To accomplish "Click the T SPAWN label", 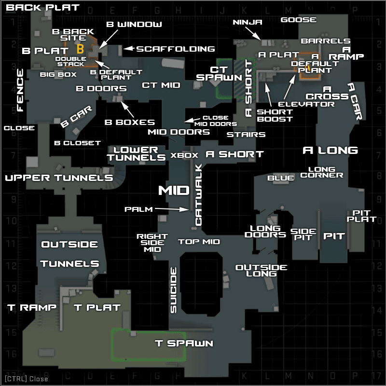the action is pyautogui.click(x=184, y=343).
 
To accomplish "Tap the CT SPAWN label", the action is pyautogui.click(x=219, y=74).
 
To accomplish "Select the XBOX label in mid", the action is pyautogui.click(x=184, y=155).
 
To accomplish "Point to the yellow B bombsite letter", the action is pyautogui.click(x=80, y=49).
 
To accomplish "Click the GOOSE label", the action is pyautogui.click(x=299, y=20).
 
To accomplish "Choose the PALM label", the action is pyautogui.click(x=138, y=209).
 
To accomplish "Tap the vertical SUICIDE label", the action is pyautogui.click(x=174, y=290).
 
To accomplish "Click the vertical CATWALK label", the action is pyautogui.click(x=198, y=195).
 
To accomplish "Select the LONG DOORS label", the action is pyautogui.click(x=265, y=232).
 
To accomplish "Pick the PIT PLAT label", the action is pyautogui.click(x=361, y=216).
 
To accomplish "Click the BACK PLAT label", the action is pyautogui.click(x=42, y=7).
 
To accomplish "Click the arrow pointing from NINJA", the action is pyautogui.click(x=253, y=33).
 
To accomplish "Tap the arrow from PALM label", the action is pyautogui.click(x=172, y=209).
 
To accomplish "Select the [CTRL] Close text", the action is pyautogui.click(x=27, y=379).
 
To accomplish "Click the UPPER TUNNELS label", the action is pyautogui.click(x=59, y=178).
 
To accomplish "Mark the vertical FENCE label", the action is pyautogui.click(x=20, y=90).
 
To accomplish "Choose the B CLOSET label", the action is pyautogui.click(x=78, y=143).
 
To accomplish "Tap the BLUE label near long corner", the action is pyautogui.click(x=281, y=178).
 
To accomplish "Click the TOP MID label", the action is pyautogui.click(x=199, y=242).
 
